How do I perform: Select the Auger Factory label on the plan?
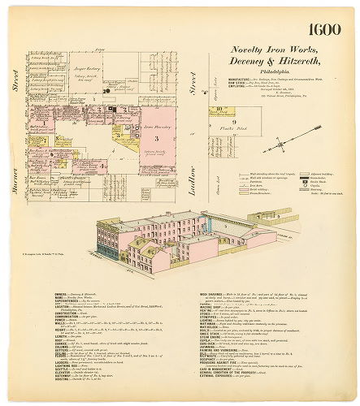click(x=85, y=71)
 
